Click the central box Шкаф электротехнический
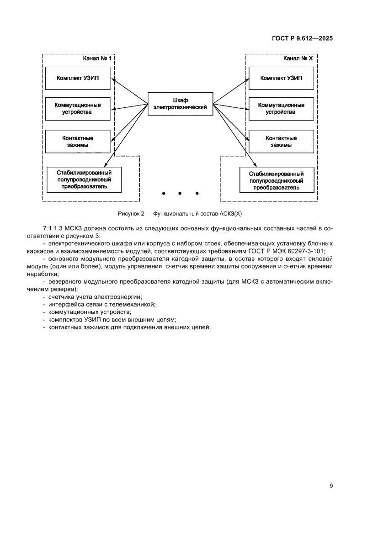coord(180,104)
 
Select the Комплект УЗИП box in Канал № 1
coord(77,78)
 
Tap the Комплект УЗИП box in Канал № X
coord(281,78)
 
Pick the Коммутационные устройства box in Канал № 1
coord(77,109)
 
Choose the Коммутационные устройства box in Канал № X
coord(281,109)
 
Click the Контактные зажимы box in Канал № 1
coord(77,141)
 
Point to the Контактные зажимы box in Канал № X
coord(281,141)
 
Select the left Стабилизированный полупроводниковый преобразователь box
coord(84,180)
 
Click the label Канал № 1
coord(97,59)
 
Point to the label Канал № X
coord(298,59)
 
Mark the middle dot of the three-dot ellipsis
coord(180,193)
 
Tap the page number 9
coord(331,486)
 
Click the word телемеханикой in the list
coord(136,304)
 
